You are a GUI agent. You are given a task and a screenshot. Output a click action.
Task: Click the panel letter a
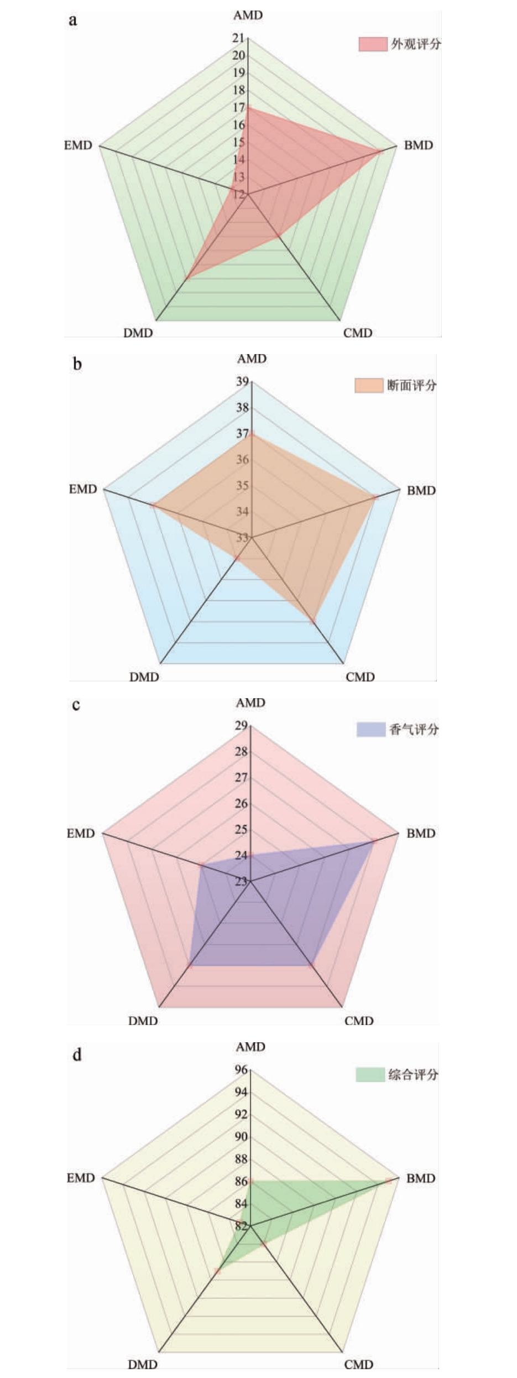tap(73, 21)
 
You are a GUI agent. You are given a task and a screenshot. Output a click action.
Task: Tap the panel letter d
tap(77, 1054)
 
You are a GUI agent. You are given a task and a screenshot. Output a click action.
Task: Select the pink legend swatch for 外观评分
tap(372, 44)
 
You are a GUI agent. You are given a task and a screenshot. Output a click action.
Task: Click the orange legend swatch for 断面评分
tap(368, 386)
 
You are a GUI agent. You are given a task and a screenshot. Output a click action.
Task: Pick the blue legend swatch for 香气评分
tap(370, 730)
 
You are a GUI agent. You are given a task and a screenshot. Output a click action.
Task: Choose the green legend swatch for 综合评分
tap(369, 1074)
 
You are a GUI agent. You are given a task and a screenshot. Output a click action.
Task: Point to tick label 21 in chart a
tap(238, 38)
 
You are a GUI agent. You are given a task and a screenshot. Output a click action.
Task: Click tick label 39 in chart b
tap(242, 382)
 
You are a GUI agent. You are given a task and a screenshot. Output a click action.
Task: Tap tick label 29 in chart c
tap(241, 726)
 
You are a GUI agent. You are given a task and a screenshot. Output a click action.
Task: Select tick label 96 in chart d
tap(241, 1070)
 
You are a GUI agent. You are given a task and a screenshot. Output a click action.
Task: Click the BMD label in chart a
tap(419, 145)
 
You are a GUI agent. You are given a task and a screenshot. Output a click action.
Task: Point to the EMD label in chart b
tap(82, 489)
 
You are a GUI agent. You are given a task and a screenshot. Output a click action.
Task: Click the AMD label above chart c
tap(250, 703)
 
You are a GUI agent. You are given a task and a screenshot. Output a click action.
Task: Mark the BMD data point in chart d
tap(389, 1181)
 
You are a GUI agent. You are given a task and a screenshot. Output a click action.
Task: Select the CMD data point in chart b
tap(313, 621)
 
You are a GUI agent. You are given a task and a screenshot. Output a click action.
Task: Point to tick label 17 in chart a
tap(238, 107)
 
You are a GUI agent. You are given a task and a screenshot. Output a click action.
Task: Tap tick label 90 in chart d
tap(241, 1137)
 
